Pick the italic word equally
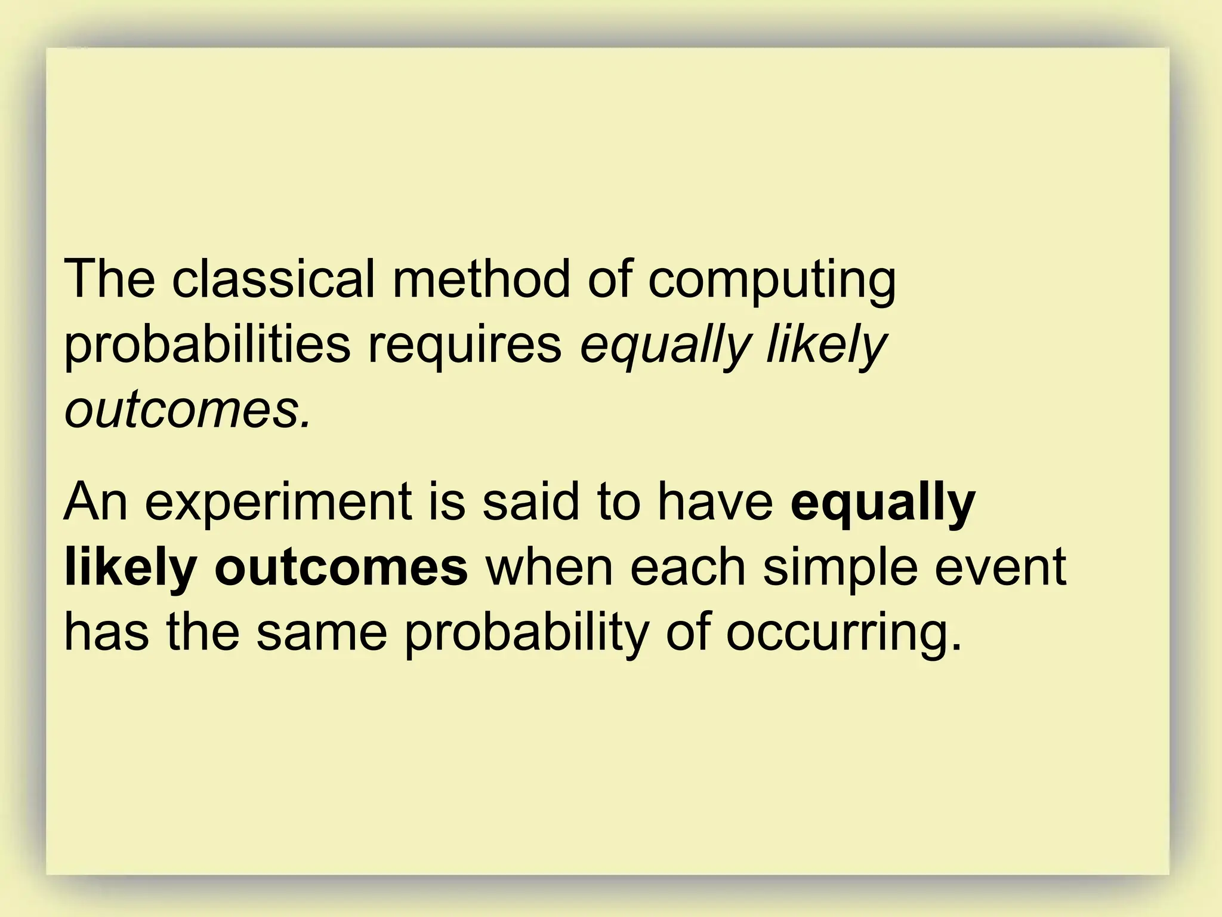(x=664, y=347)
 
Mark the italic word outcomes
(x=187, y=411)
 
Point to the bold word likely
(x=130, y=567)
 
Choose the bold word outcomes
(x=341, y=567)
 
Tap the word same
(x=322, y=633)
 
